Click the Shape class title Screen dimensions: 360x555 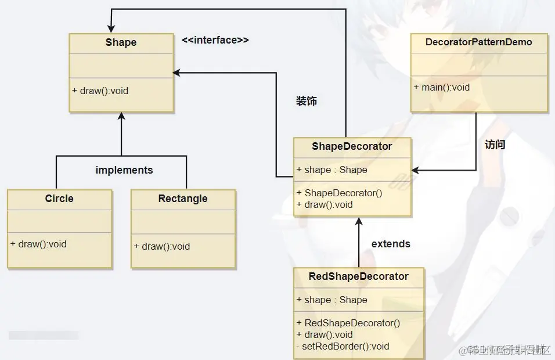pyautogui.click(x=121, y=42)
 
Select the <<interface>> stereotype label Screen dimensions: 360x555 pyautogui.click(x=215, y=40)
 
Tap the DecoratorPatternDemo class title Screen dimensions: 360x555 pyautogui.click(x=478, y=42)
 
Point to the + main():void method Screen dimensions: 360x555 pyautogui.click(x=442, y=87)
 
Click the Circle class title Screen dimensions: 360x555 pyautogui.click(x=59, y=199)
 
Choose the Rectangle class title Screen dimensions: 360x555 pyautogui.click(x=182, y=199)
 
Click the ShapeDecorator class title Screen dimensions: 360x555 pyautogui.click(x=352, y=146)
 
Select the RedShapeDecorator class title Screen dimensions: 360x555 pyautogui.click(x=358, y=276)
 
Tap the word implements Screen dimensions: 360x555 pyautogui.click(x=124, y=170)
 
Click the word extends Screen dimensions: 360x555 pyautogui.click(x=391, y=244)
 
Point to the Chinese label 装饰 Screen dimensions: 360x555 pyautogui.click(x=307, y=101)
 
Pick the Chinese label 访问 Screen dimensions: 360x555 pyautogui.click(x=495, y=145)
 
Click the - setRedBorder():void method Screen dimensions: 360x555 pyautogui.click(x=343, y=346)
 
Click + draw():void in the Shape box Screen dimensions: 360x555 pyautogui.click(x=100, y=91)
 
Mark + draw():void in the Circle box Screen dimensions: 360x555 pyautogui.click(x=38, y=244)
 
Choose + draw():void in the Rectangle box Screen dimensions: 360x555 pyautogui.click(x=162, y=246)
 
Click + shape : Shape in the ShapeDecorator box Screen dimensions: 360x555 pyautogui.click(x=331, y=170)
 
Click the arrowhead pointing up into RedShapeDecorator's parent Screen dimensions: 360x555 pyautogui.click(x=359, y=222)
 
